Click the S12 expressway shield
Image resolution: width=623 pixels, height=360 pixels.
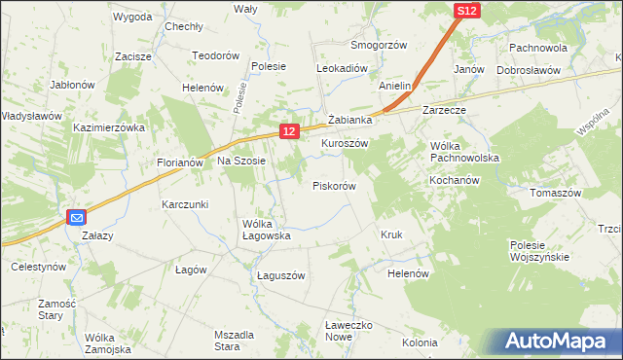[466, 11]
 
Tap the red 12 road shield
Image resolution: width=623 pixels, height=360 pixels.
[289, 130]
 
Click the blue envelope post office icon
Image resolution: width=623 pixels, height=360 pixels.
[77, 218]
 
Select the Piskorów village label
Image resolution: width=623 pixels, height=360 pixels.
[334, 185]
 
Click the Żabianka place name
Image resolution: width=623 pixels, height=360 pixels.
[350, 120]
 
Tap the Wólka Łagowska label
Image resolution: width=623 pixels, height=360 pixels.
[267, 230]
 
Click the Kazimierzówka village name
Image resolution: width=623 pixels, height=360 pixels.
[109, 127]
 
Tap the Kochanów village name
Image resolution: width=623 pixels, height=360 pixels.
[456, 181]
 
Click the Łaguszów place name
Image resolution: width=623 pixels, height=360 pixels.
[281, 275]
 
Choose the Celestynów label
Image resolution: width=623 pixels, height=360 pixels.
[38, 266]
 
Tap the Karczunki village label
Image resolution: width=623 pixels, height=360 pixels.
[186, 204]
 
